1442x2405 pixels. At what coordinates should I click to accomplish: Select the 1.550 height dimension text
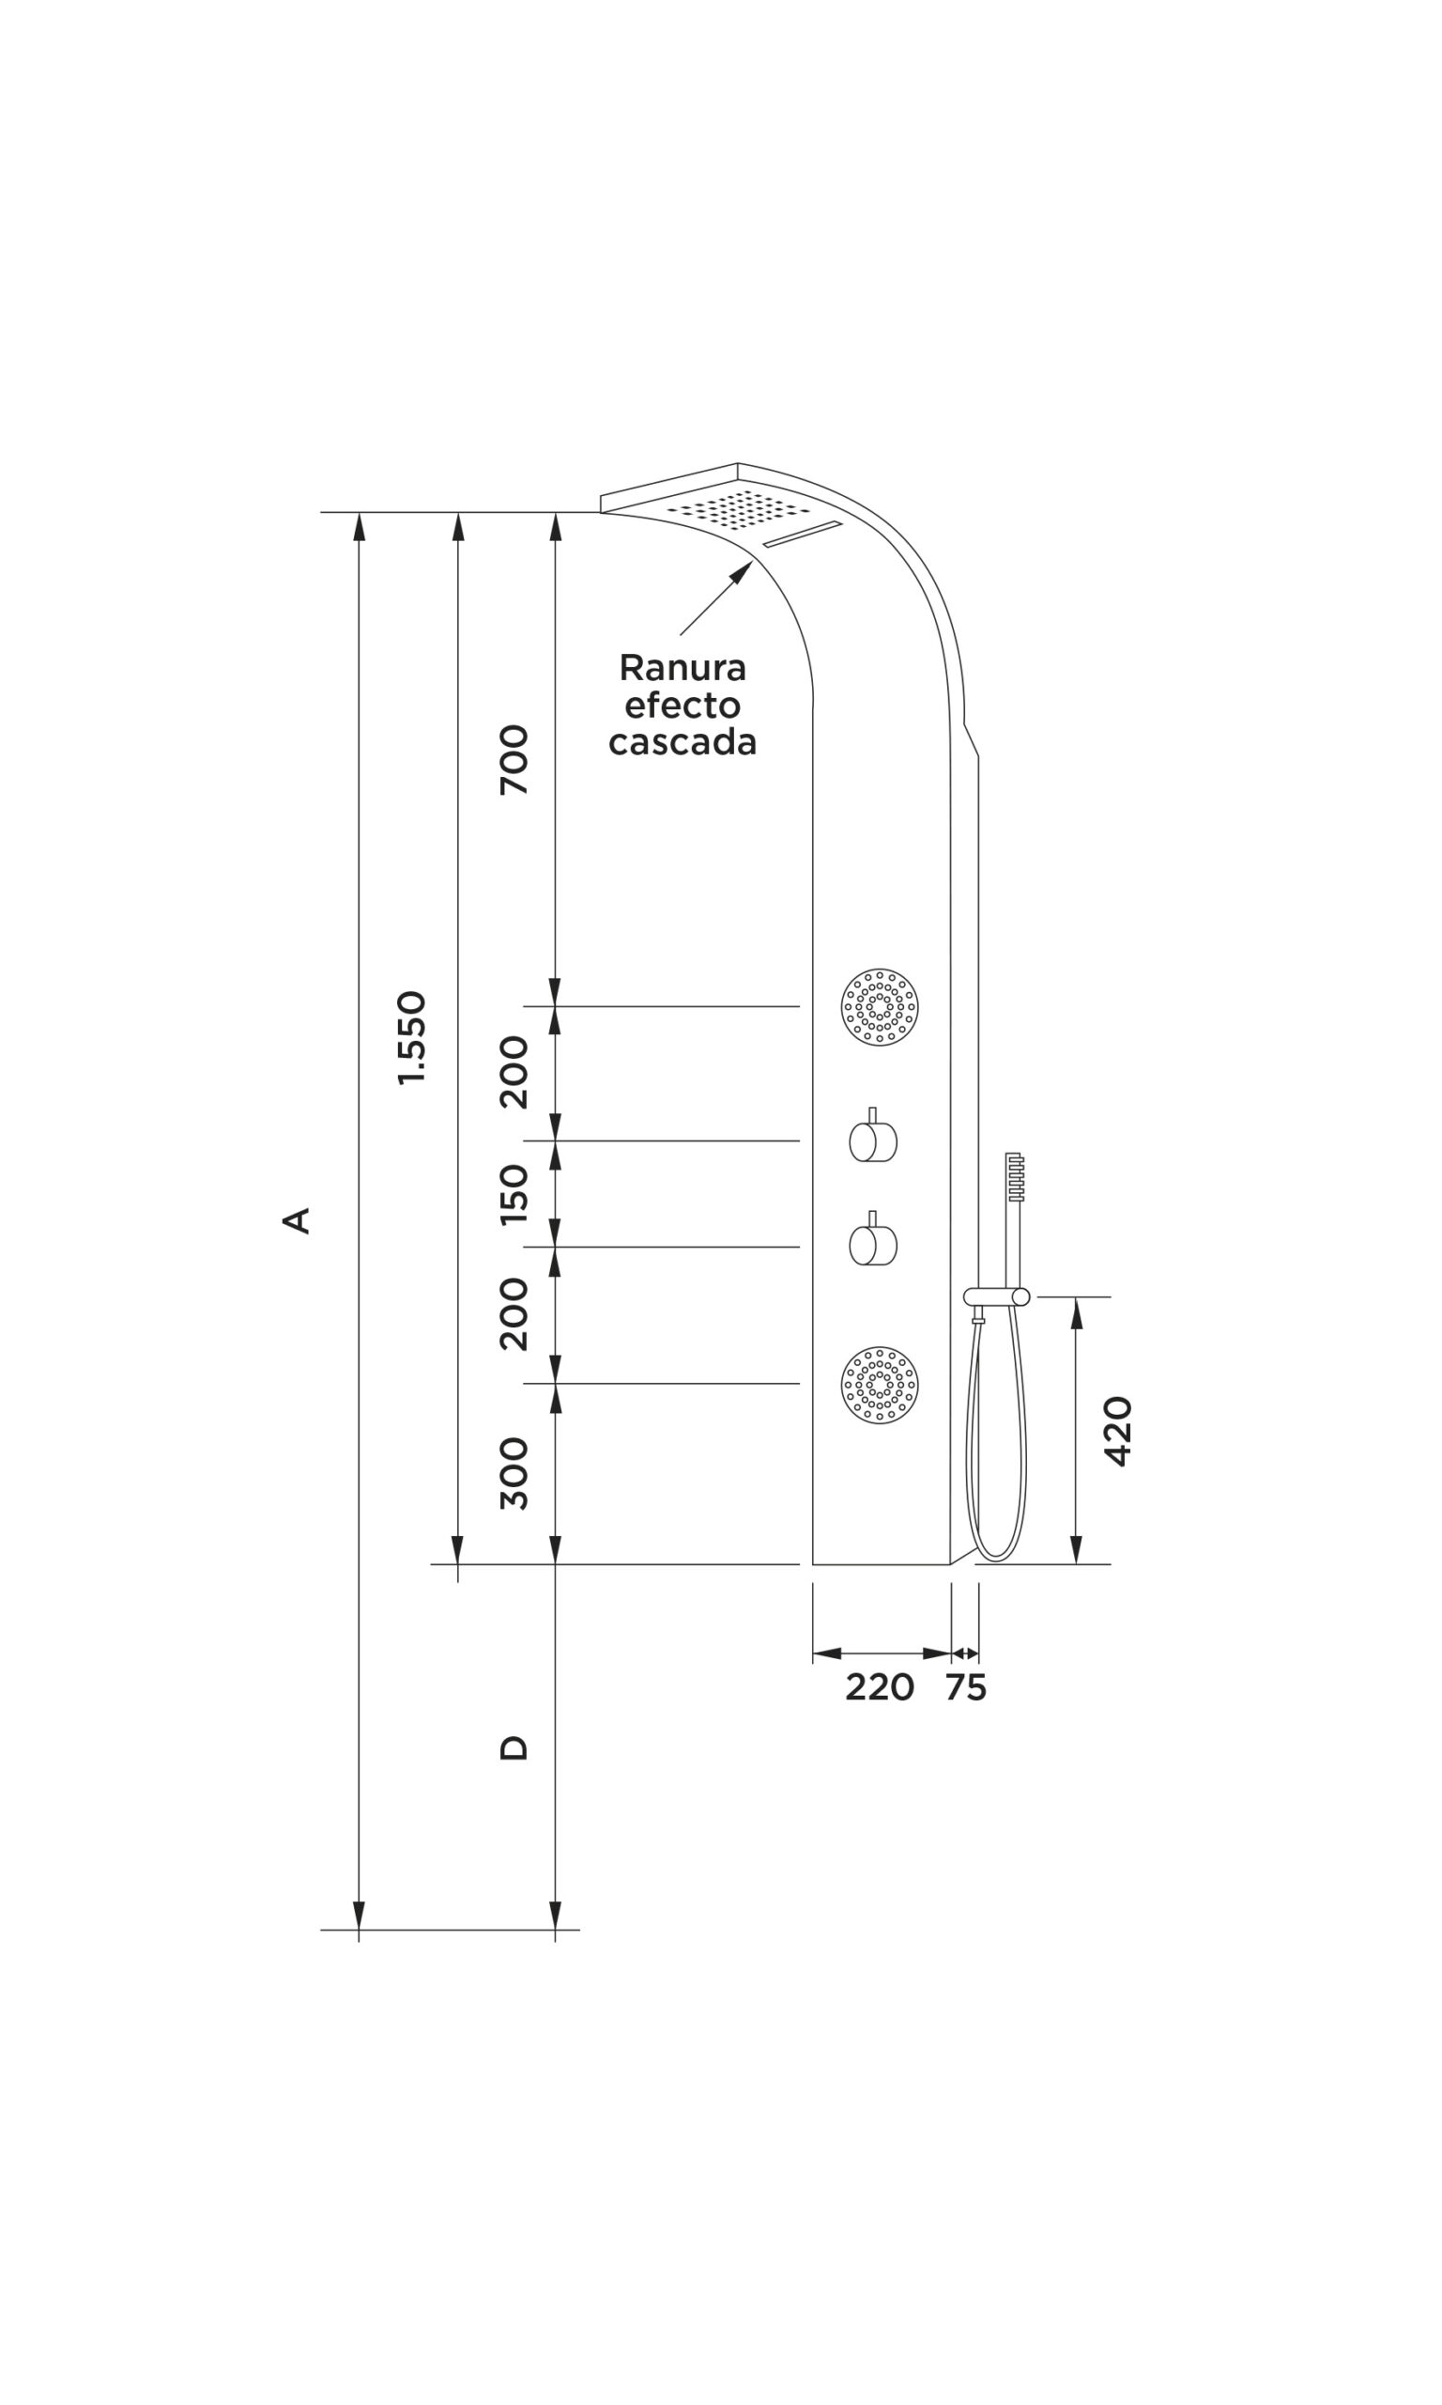412,1037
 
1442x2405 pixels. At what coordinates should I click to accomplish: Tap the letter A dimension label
297,1220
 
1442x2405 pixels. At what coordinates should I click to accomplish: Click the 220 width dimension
880,1687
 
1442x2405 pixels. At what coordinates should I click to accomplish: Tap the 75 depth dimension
966,1687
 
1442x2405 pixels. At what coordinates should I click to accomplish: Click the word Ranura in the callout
683,668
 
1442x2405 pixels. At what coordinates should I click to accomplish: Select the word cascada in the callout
683,742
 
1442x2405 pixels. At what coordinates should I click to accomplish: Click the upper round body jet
880,1006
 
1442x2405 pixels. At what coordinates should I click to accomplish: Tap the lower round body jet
880,1385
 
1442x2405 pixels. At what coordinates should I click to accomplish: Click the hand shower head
1016,1177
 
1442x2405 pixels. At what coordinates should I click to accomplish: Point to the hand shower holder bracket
996,1296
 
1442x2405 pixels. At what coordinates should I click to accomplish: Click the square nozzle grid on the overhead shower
739,509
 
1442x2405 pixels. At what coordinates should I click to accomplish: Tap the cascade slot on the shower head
803,535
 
